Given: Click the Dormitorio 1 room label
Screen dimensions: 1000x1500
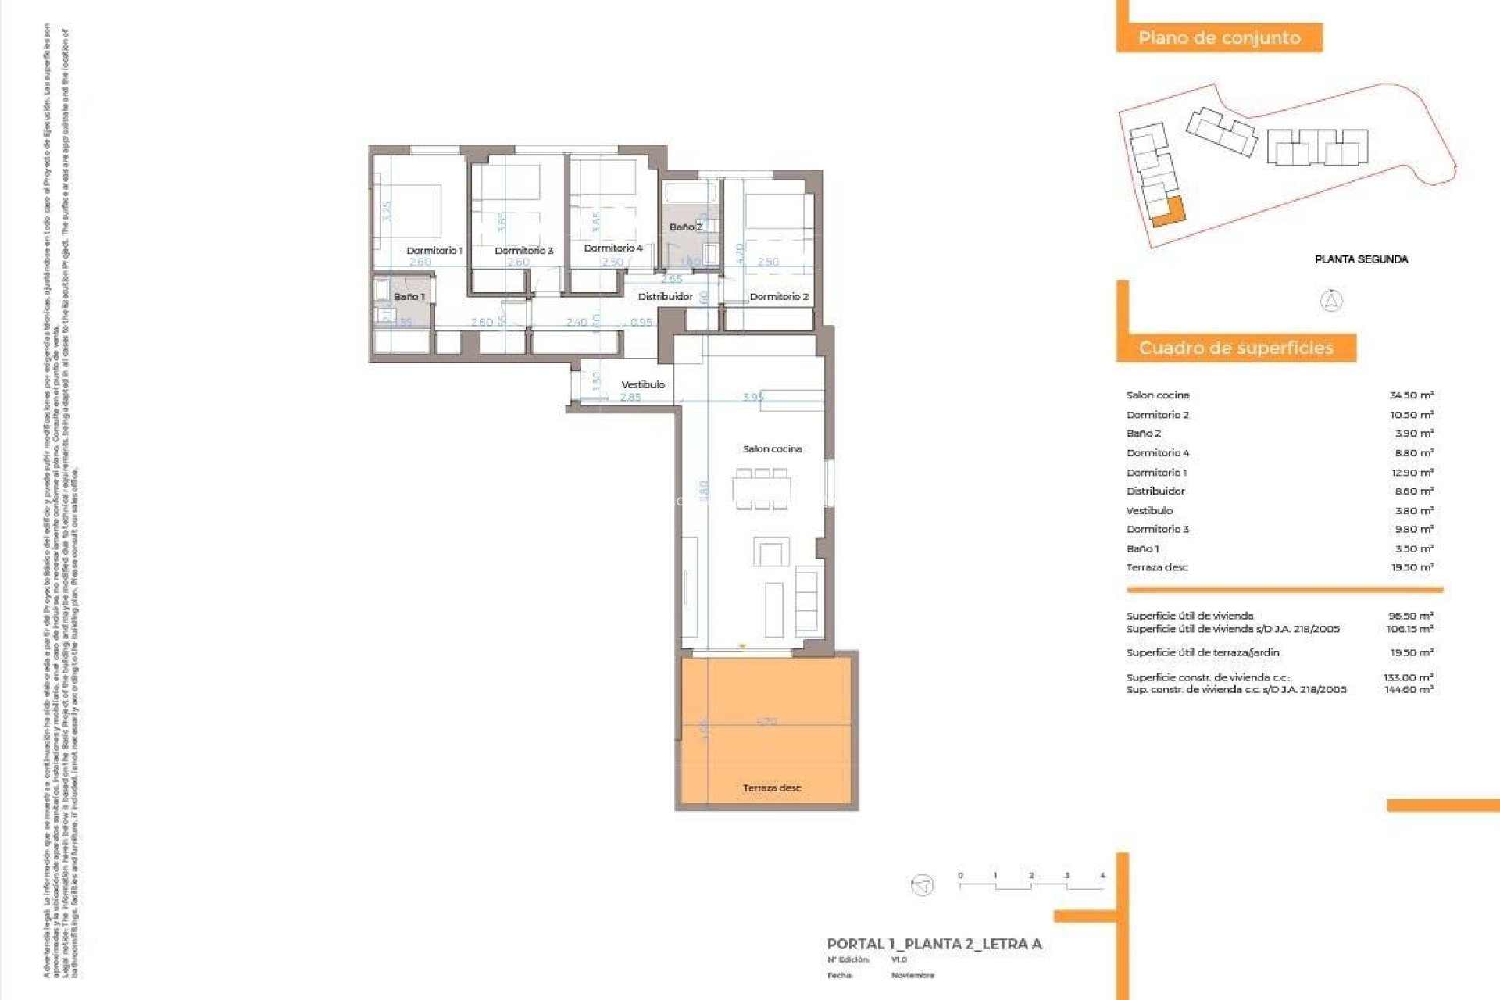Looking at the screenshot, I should [434, 251].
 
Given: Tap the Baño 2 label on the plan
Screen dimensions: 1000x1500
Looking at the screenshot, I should [685, 227].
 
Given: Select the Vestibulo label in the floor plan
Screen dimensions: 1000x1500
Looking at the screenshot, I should [643, 384].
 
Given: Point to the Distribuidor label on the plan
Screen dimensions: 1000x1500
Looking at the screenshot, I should [665, 297].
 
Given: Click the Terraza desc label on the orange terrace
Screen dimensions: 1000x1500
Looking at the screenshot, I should [772, 787].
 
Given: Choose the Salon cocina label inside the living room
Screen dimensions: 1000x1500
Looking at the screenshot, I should [772, 449].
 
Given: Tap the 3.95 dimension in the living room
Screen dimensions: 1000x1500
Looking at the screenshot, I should [753, 397].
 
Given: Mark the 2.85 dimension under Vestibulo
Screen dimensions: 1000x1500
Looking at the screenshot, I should [630, 397].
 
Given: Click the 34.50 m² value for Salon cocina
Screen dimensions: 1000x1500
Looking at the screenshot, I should [1411, 395].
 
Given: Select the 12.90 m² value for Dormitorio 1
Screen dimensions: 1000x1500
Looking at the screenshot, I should [1412, 473].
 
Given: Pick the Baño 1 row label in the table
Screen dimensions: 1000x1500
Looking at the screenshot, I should [1142, 549].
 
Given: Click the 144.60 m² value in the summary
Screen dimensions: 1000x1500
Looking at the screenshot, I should [1409, 690].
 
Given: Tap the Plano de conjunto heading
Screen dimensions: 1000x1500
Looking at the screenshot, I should [1219, 37].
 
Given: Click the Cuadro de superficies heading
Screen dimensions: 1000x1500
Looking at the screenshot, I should [1235, 348].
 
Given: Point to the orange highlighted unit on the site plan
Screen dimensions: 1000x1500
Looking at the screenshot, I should [1169, 212].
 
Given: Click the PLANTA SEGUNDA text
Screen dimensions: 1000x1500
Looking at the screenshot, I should [1361, 259].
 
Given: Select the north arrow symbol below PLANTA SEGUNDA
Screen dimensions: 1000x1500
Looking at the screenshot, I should [1331, 301].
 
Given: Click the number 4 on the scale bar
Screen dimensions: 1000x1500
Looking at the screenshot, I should [1102, 876].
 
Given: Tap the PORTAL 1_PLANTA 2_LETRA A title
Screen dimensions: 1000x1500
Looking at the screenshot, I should [934, 944].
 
